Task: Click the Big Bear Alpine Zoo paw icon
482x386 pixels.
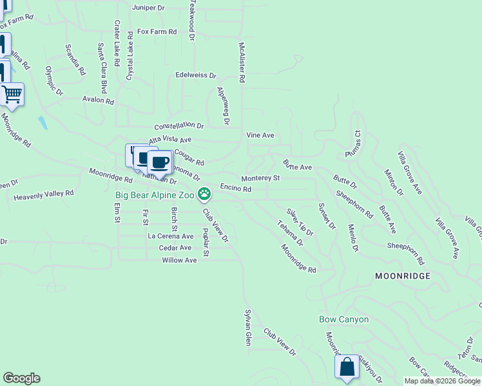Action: click(x=204, y=193)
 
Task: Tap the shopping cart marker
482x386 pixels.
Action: click(x=12, y=95)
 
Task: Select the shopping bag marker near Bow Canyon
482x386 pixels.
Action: click(x=347, y=367)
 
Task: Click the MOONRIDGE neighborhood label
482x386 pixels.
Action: click(x=403, y=275)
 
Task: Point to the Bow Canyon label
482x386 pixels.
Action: click(x=344, y=319)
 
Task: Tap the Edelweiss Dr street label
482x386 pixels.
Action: click(x=196, y=75)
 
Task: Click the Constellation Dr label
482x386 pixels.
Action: click(x=178, y=126)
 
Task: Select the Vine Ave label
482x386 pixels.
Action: click(x=260, y=136)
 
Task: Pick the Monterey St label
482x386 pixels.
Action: click(x=260, y=178)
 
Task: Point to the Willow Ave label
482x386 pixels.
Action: click(x=179, y=261)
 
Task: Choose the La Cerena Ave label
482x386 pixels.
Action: click(x=171, y=236)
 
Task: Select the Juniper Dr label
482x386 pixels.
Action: click(x=148, y=8)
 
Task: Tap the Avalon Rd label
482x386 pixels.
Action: click(x=98, y=101)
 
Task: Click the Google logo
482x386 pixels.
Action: click(x=21, y=378)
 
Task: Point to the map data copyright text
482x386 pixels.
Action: click(x=441, y=381)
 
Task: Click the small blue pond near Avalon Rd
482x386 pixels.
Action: click(x=43, y=122)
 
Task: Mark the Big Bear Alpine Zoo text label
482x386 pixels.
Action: click(x=155, y=194)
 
